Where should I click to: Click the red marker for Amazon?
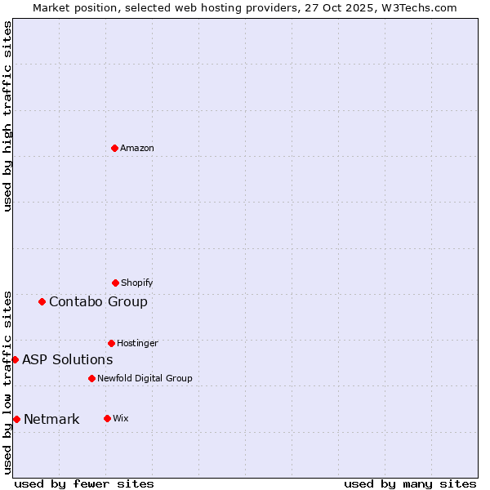pyautogui.click(x=114, y=148)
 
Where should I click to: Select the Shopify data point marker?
pyautogui.click(x=115, y=283)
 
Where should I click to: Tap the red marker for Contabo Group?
pyautogui.click(x=42, y=301)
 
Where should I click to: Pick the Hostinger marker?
pyautogui.click(x=111, y=343)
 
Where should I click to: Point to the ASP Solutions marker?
pyautogui.click(x=15, y=359)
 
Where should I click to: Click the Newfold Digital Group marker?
pyautogui.click(x=91, y=378)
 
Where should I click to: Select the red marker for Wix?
pyautogui.click(x=107, y=418)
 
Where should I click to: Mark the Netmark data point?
pyautogui.click(x=16, y=419)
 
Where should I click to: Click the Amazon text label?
pyautogui.click(x=137, y=148)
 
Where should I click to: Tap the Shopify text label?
pyautogui.click(x=137, y=283)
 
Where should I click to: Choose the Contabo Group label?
pyautogui.click(x=98, y=301)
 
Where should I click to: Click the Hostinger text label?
pyautogui.click(x=137, y=343)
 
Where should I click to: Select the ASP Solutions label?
pyautogui.click(x=67, y=359)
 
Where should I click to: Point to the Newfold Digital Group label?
pyautogui.click(x=145, y=378)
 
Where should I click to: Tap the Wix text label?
pyautogui.click(x=121, y=418)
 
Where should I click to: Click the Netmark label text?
pyautogui.click(x=51, y=419)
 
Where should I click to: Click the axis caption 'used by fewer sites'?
pyautogui.click(x=84, y=483)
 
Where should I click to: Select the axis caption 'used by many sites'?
pyautogui.click(x=410, y=483)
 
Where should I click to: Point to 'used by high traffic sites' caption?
pyautogui.click(x=7, y=117)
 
